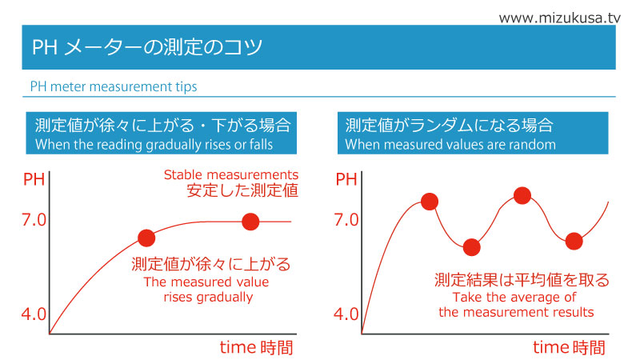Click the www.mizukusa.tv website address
click(559, 18)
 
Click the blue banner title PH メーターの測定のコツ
click(147, 47)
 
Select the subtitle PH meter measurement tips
click(114, 86)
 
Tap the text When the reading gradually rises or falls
click(154, 145)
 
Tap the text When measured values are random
click(450, 145)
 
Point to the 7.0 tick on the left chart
click(34, 219)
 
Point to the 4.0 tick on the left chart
click(34, 314)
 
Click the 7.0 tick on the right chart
click(346, 219)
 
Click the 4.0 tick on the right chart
click(346, 314)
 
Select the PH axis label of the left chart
click(34, 179)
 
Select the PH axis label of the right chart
click(346, 179)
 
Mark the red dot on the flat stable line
click(250, 222)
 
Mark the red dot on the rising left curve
click(146, 238)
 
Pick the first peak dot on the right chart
click(430, 202)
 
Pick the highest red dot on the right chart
click(522, 195)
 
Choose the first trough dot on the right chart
click(472, 247)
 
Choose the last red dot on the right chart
click(574, 242)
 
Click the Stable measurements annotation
click(231, 174)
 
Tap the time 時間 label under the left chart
click(256, 347)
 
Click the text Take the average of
click(514, 297)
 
